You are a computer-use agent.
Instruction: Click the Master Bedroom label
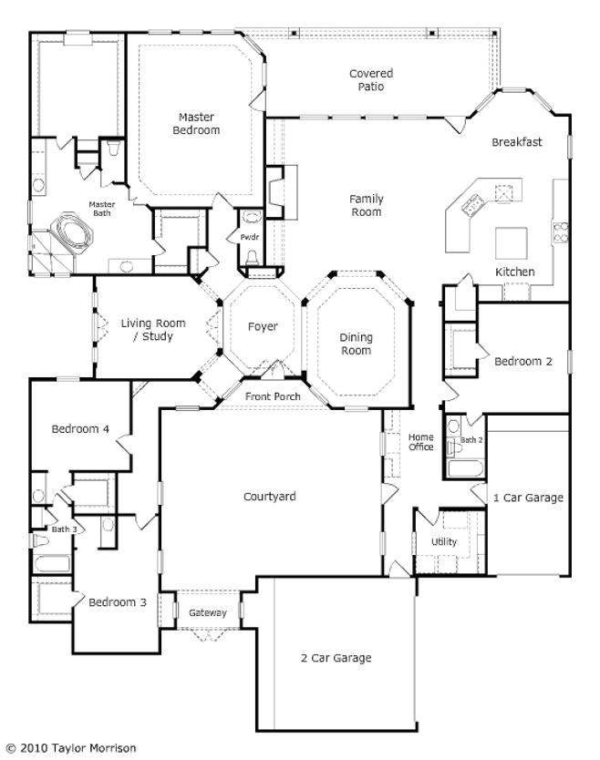point(196,124)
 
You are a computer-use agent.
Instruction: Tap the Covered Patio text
point(371,80)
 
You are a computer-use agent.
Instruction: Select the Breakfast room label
point(517,142)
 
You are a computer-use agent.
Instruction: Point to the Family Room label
point(366,205)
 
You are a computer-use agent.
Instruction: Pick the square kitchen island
point(511,243)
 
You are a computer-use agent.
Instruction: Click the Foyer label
point(263,326)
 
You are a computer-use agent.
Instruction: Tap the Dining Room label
point(356,344)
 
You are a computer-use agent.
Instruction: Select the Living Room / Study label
point(153,330)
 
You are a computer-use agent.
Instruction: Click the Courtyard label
point(269,497)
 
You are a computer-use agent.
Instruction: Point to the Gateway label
point(207,612)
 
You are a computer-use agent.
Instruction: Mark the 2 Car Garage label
point(336,658)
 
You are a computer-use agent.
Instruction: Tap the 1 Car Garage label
point(528,498)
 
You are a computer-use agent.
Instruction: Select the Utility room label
point(444,542)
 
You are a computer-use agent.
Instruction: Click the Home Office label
point(420,442)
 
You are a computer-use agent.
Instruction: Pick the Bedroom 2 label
point(523,361)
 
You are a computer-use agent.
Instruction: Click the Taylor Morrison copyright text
point(71,748)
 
